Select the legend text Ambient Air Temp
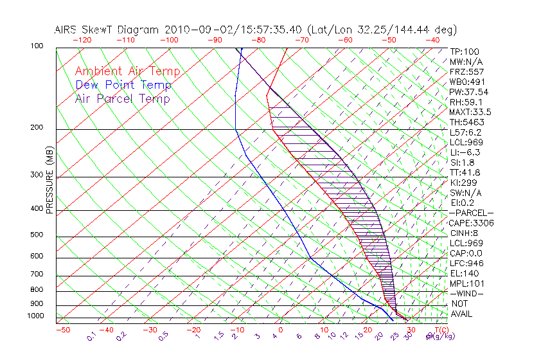pos(128,72)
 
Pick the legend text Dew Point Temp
pos(123,85)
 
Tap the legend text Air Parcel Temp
pos(123,99)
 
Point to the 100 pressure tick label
pos(37,46)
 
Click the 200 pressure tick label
pos(37,128)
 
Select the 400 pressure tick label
pos(37,209)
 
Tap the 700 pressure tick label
pos(37,274)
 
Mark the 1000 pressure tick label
pos(35,316)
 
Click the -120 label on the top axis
pos(82,40)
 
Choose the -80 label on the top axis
pos(259,40)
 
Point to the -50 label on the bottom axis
pos(63,330)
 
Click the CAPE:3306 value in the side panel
pos(471,223)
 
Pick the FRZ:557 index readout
pos(466,71)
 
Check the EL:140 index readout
pos(463,273)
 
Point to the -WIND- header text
pos(467,293)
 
